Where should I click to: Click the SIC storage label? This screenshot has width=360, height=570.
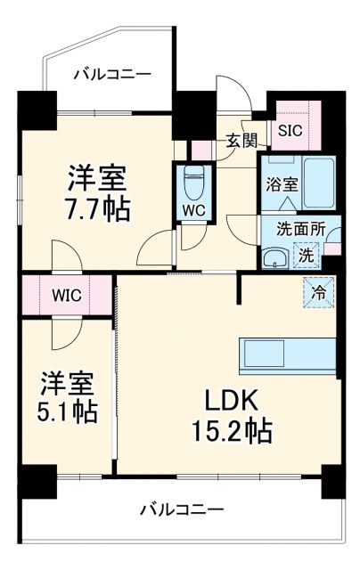[291, 129]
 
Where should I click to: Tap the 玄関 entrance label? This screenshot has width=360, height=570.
[241, 140]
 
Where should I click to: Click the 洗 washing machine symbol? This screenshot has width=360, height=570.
[306, 255]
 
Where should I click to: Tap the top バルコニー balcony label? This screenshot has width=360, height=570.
[112, 74]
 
